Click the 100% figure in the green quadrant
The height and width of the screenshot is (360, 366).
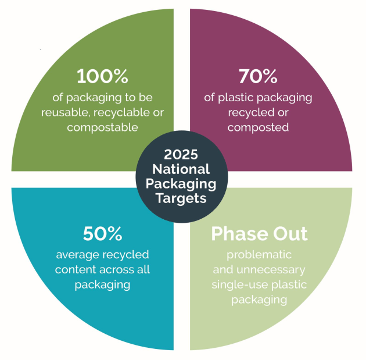(x=102, y=76)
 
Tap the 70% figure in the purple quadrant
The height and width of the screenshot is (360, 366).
(x=258, y=76)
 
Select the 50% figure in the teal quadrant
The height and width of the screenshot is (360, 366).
(x=102, y=233)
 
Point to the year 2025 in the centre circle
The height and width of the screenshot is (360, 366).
(x=181, y=155)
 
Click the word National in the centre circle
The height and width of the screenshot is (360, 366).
(x=181, y=169)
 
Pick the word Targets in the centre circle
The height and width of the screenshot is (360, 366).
(x=181, y=199)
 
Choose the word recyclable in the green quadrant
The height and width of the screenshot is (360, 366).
(x=121, y=113)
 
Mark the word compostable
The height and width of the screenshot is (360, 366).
(x=102, y=128)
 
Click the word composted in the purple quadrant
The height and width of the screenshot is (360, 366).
(x=258, y=128)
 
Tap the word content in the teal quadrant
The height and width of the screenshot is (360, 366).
(x=76, y=270)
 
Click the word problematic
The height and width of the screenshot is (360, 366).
(x=259, y=255)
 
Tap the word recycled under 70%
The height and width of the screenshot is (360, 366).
(x=246, y=113)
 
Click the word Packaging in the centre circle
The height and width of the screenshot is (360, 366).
(x=181, y=184)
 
